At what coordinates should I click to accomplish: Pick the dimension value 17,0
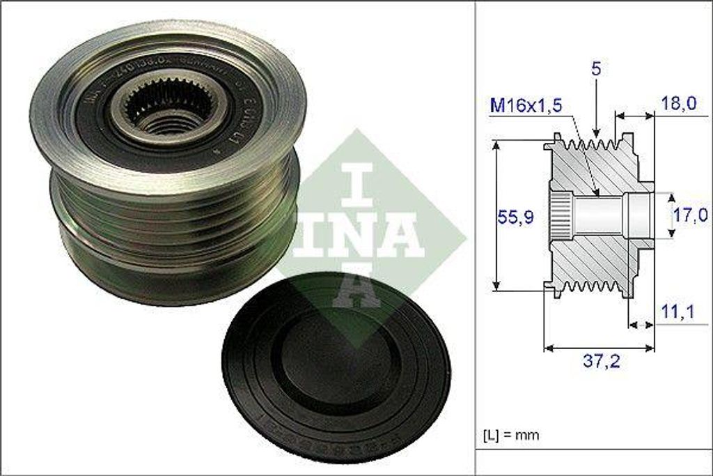coord(690,216)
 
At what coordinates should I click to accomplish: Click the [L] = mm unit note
coord(511,435)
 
